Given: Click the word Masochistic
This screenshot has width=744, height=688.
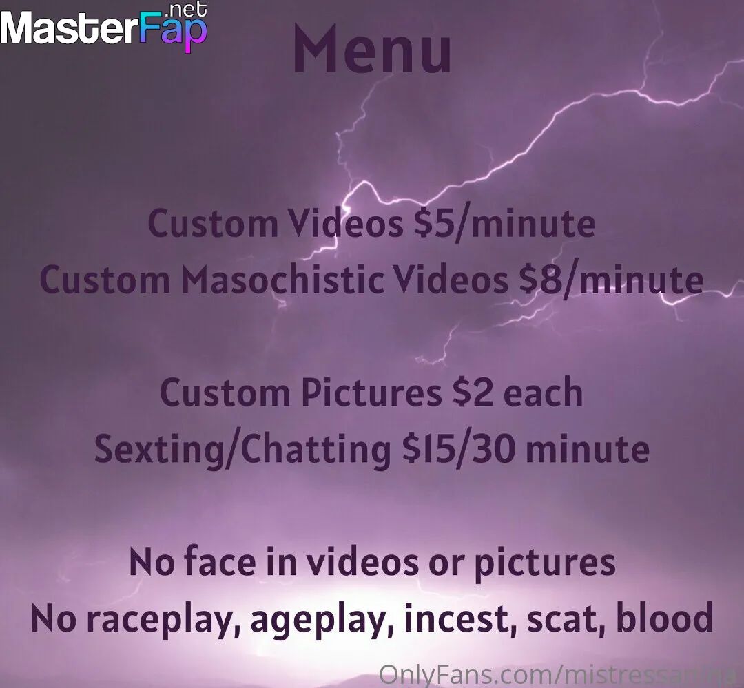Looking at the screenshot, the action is (282, 280).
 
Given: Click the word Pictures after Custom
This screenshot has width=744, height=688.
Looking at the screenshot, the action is (371, 393).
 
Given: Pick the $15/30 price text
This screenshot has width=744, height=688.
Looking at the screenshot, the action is (458, 449).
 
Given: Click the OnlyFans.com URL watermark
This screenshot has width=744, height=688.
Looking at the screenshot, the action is (561, 674).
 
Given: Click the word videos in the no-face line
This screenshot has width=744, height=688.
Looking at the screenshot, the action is (363, 562).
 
